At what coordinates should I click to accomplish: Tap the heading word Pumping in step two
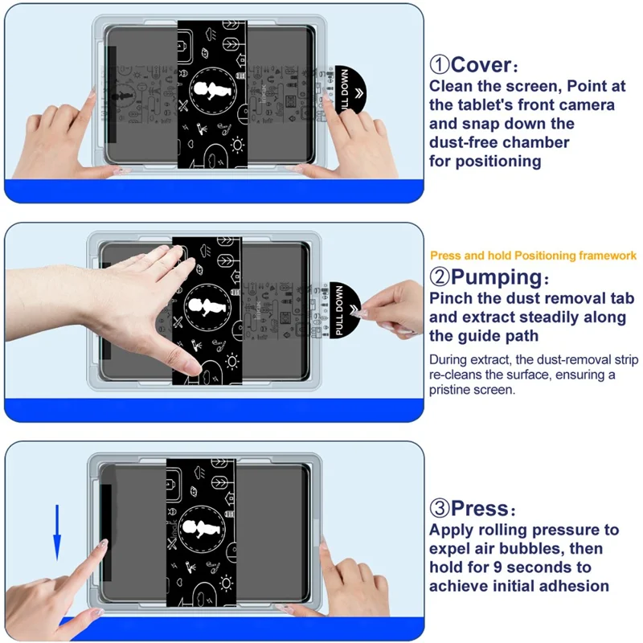(499, 278)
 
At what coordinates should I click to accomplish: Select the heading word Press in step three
(480, 509)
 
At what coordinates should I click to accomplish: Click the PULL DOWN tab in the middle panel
(341, 309)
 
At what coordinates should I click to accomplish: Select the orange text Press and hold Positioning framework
(533, 256)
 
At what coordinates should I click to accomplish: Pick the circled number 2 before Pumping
(440, 278)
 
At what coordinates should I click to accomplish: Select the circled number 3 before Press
(440, 509)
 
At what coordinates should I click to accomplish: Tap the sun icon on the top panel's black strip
(237, 145)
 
